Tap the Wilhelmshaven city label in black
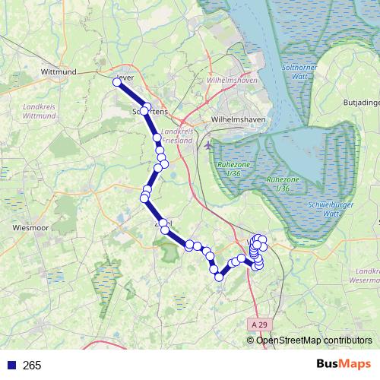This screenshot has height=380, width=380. click(x=220, y=119)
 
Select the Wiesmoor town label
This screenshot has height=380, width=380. click(x=32, y=226)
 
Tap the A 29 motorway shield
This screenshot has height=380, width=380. click(x=259, y=324)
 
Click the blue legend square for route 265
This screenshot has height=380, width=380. click(x=10, y=365)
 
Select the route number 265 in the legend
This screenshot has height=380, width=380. click(x=32, y=366)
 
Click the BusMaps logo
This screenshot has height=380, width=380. click(x=343, y=364)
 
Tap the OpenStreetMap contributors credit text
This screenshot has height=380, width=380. click(x=313, y=340)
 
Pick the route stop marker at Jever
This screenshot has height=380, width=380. click(x=117, y=83)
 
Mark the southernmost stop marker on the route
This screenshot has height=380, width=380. click(x=220, y=277)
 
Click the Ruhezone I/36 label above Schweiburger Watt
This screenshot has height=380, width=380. click(x=283, y=183)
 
